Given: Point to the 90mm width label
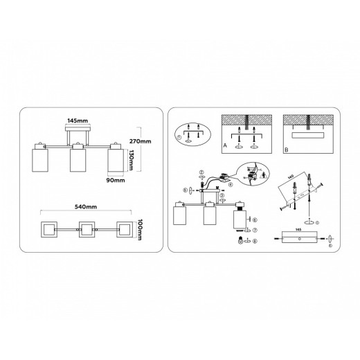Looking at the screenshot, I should [115, 181].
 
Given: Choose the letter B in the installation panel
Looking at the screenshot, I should [285, 147].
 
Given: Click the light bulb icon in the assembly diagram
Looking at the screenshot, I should [240, 240].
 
